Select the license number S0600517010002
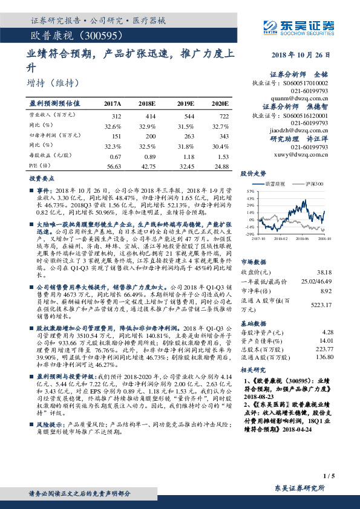click(307, 82)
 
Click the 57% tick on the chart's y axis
click(250, 191)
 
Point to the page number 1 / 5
click(329, 476)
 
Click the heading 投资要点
click(41, 180)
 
